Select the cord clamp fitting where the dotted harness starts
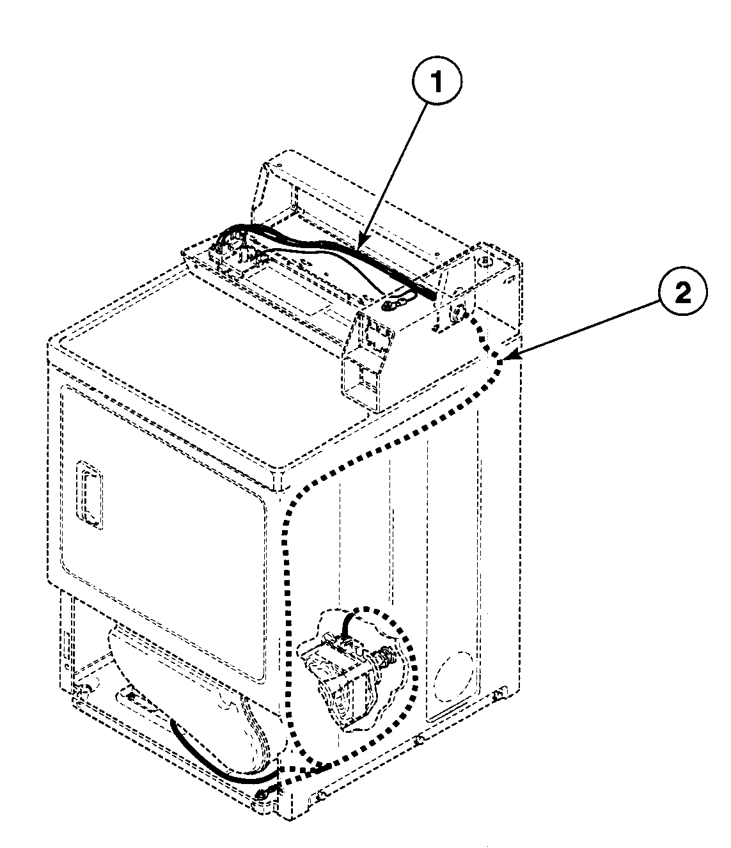(459, 313)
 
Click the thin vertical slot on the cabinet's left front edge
(65, 640)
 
